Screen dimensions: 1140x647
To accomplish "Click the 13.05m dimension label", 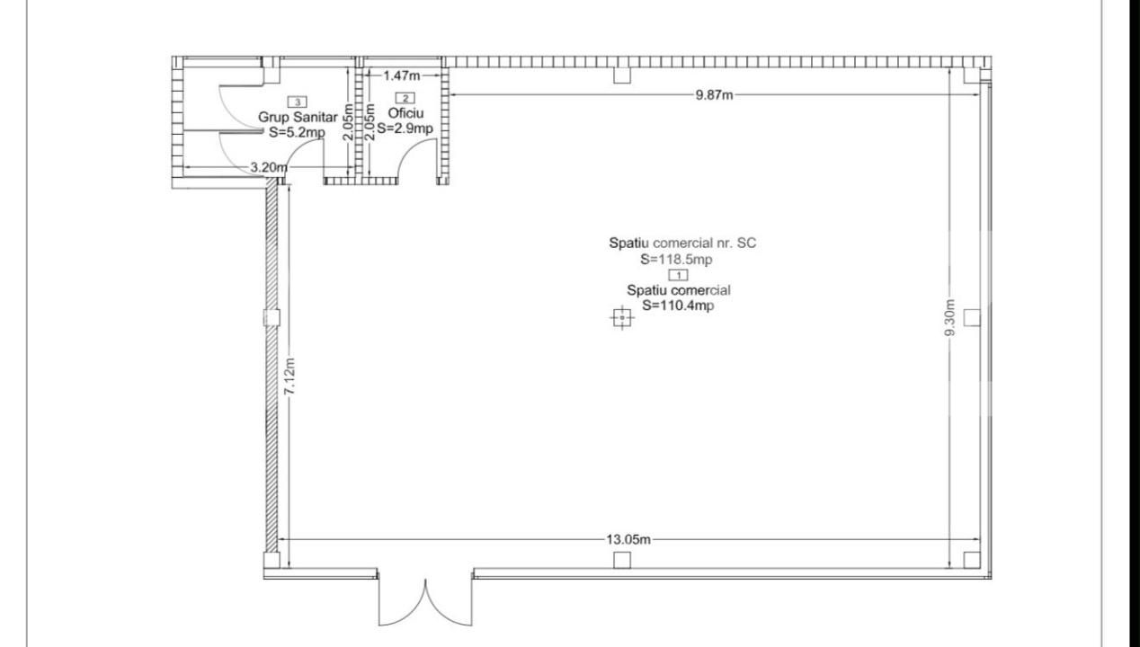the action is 628,539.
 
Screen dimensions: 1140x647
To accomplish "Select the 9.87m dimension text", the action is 714,95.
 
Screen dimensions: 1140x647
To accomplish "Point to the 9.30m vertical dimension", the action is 950,317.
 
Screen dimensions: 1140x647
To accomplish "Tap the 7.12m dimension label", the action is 289,376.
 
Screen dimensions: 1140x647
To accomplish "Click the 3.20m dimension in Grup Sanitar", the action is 268,167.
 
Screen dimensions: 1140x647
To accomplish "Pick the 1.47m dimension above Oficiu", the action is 402,75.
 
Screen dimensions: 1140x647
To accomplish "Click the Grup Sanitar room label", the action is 298,117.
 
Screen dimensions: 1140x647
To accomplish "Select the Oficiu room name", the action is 405,113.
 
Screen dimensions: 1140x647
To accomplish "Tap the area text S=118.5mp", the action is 676,260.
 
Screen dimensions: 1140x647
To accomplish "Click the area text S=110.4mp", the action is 677,306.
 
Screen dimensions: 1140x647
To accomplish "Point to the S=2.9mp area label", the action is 405,129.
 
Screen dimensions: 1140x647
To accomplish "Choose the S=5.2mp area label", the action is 297,132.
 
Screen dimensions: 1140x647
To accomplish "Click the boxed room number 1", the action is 678,275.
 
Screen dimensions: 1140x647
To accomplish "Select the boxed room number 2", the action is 405,98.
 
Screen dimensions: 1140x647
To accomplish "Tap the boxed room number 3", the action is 298,102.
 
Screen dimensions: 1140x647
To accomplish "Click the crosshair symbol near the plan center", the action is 622,318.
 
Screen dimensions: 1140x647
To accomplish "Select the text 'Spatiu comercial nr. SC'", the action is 682,244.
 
